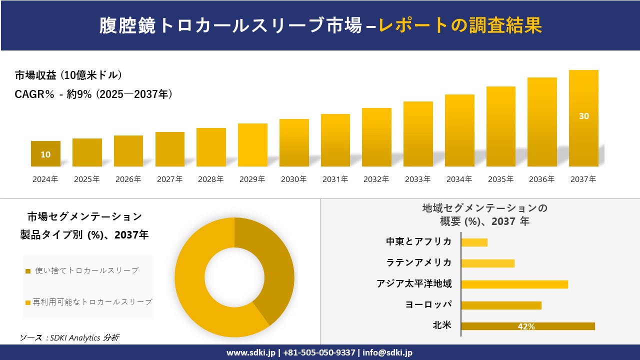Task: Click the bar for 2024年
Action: (x=45, y=153)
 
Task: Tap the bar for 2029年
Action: (x=252, y=145)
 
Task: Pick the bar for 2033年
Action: (x=418, y=134)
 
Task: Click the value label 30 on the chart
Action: (x=583, y=116)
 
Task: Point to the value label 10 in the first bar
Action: (x=45, y=155)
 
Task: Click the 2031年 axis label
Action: (x=335, y=179)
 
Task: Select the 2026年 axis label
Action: (x=128, y=179)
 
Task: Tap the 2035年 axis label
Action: (x=500, y=179)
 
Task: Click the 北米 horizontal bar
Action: (x=527, y=326)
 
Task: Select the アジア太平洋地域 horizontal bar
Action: (x=514, y=284)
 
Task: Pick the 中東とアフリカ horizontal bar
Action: (x=474, y=242)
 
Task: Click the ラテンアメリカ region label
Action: (x=419, y=262)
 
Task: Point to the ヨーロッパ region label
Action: (x=428, y=304)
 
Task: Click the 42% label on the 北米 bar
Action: (x=526, y=326)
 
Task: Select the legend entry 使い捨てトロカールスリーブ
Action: (x=86, y=270)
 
